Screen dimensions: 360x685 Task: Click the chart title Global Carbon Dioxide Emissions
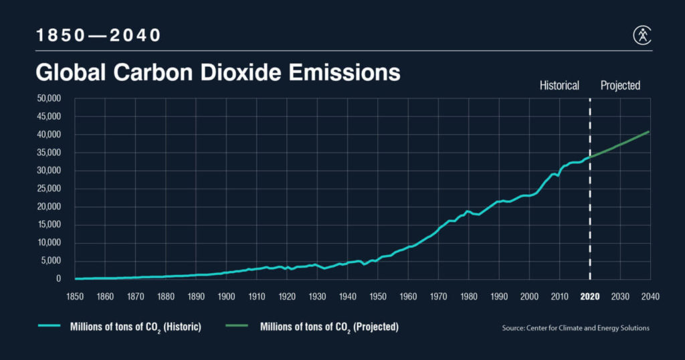click(x=217, y=72)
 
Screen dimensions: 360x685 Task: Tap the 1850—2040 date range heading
click(x=99, y=35)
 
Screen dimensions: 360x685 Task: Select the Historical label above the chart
click(x=559, y=86)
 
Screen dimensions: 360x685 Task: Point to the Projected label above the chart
click(x=620, y=86)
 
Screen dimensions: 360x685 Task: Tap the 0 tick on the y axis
click(x=59, y=278)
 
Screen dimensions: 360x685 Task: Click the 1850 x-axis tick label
click(x=74, y=296)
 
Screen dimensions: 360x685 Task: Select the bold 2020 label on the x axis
click(x=590, y=296)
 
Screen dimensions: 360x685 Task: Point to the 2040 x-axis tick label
click(x=650, y=296)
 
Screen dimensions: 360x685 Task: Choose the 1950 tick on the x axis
click(x=377, y=296)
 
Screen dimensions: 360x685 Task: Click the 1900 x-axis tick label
click(x=226, y=296)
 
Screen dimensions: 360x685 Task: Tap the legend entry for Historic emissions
click(x=120, y=327)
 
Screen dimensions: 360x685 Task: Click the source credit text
click(x=575, y=328)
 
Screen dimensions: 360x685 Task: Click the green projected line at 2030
click(x=620, y=145)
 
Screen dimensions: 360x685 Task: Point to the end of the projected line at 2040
click(x=649, y=132)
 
